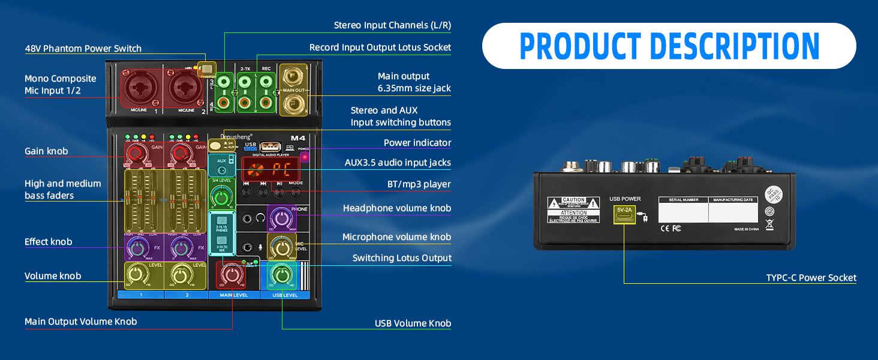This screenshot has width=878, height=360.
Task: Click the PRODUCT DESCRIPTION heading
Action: coord(669,46)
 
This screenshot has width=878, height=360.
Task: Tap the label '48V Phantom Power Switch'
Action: coord(83,49)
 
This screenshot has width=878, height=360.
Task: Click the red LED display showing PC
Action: coord(270,170)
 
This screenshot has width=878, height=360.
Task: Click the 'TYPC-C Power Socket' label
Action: coord(811,278)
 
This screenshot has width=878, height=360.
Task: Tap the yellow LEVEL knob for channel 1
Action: coord(137,275)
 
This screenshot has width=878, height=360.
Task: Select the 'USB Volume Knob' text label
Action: coord(413,324)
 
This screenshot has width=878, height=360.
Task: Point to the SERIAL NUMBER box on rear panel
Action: coord(683,211)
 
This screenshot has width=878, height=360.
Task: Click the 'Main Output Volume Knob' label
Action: coord(80,322)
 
